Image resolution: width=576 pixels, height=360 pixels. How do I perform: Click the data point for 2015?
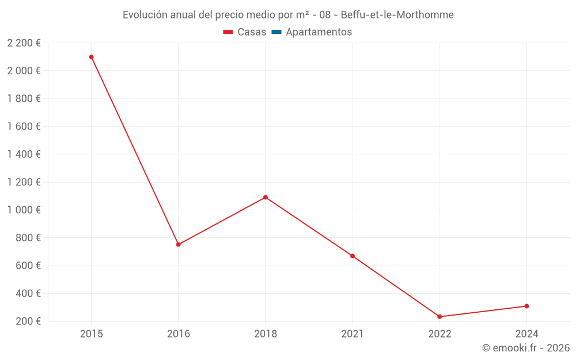pyautogui.click(x=92, y=57)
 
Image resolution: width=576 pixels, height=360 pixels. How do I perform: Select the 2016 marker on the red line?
pyautogui.click(x=179, y=244)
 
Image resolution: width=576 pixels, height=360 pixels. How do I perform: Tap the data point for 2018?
pyautogui.click(x=266, y=197)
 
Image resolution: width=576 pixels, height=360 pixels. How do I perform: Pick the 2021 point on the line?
pyautogui.click(x=353, y=256)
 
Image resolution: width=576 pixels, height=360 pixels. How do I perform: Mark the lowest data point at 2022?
pyautogui.click(x=439, y=317)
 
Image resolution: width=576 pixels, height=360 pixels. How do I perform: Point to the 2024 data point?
pyautogui.click(x=527, y=306)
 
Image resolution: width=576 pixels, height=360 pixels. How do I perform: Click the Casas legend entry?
pyautogui.click(x=245, y=32)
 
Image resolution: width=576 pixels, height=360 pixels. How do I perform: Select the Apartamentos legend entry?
pyautogui.click(x=312, y=32)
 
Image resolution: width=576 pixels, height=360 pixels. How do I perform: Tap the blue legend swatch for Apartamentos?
pyautogui.click(x=276, y=32)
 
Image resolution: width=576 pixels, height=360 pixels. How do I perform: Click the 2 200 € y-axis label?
pyautogui.click(x=24, y=43)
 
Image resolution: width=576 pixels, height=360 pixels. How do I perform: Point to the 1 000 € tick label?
pyautogui.click(x=24, y=210)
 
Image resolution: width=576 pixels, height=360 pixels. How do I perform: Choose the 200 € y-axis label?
pyautogui.click(x=28, y=321)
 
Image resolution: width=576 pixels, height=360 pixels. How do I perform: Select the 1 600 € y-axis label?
pyautogui.click(x=24, y=126)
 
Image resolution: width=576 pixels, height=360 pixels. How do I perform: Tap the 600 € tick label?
pyautogui.click(x=28, y=266)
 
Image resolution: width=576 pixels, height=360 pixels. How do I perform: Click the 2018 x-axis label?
pyautogui.click(x=266, y=334)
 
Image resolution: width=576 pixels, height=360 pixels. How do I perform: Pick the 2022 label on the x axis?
pyautogui.click(x=439, y=334)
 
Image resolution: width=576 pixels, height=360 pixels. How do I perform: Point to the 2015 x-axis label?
pyautogui.click(x=92, y=334)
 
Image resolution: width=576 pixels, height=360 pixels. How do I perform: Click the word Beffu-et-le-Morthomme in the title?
pyautogui.click(x=397, y=15)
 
